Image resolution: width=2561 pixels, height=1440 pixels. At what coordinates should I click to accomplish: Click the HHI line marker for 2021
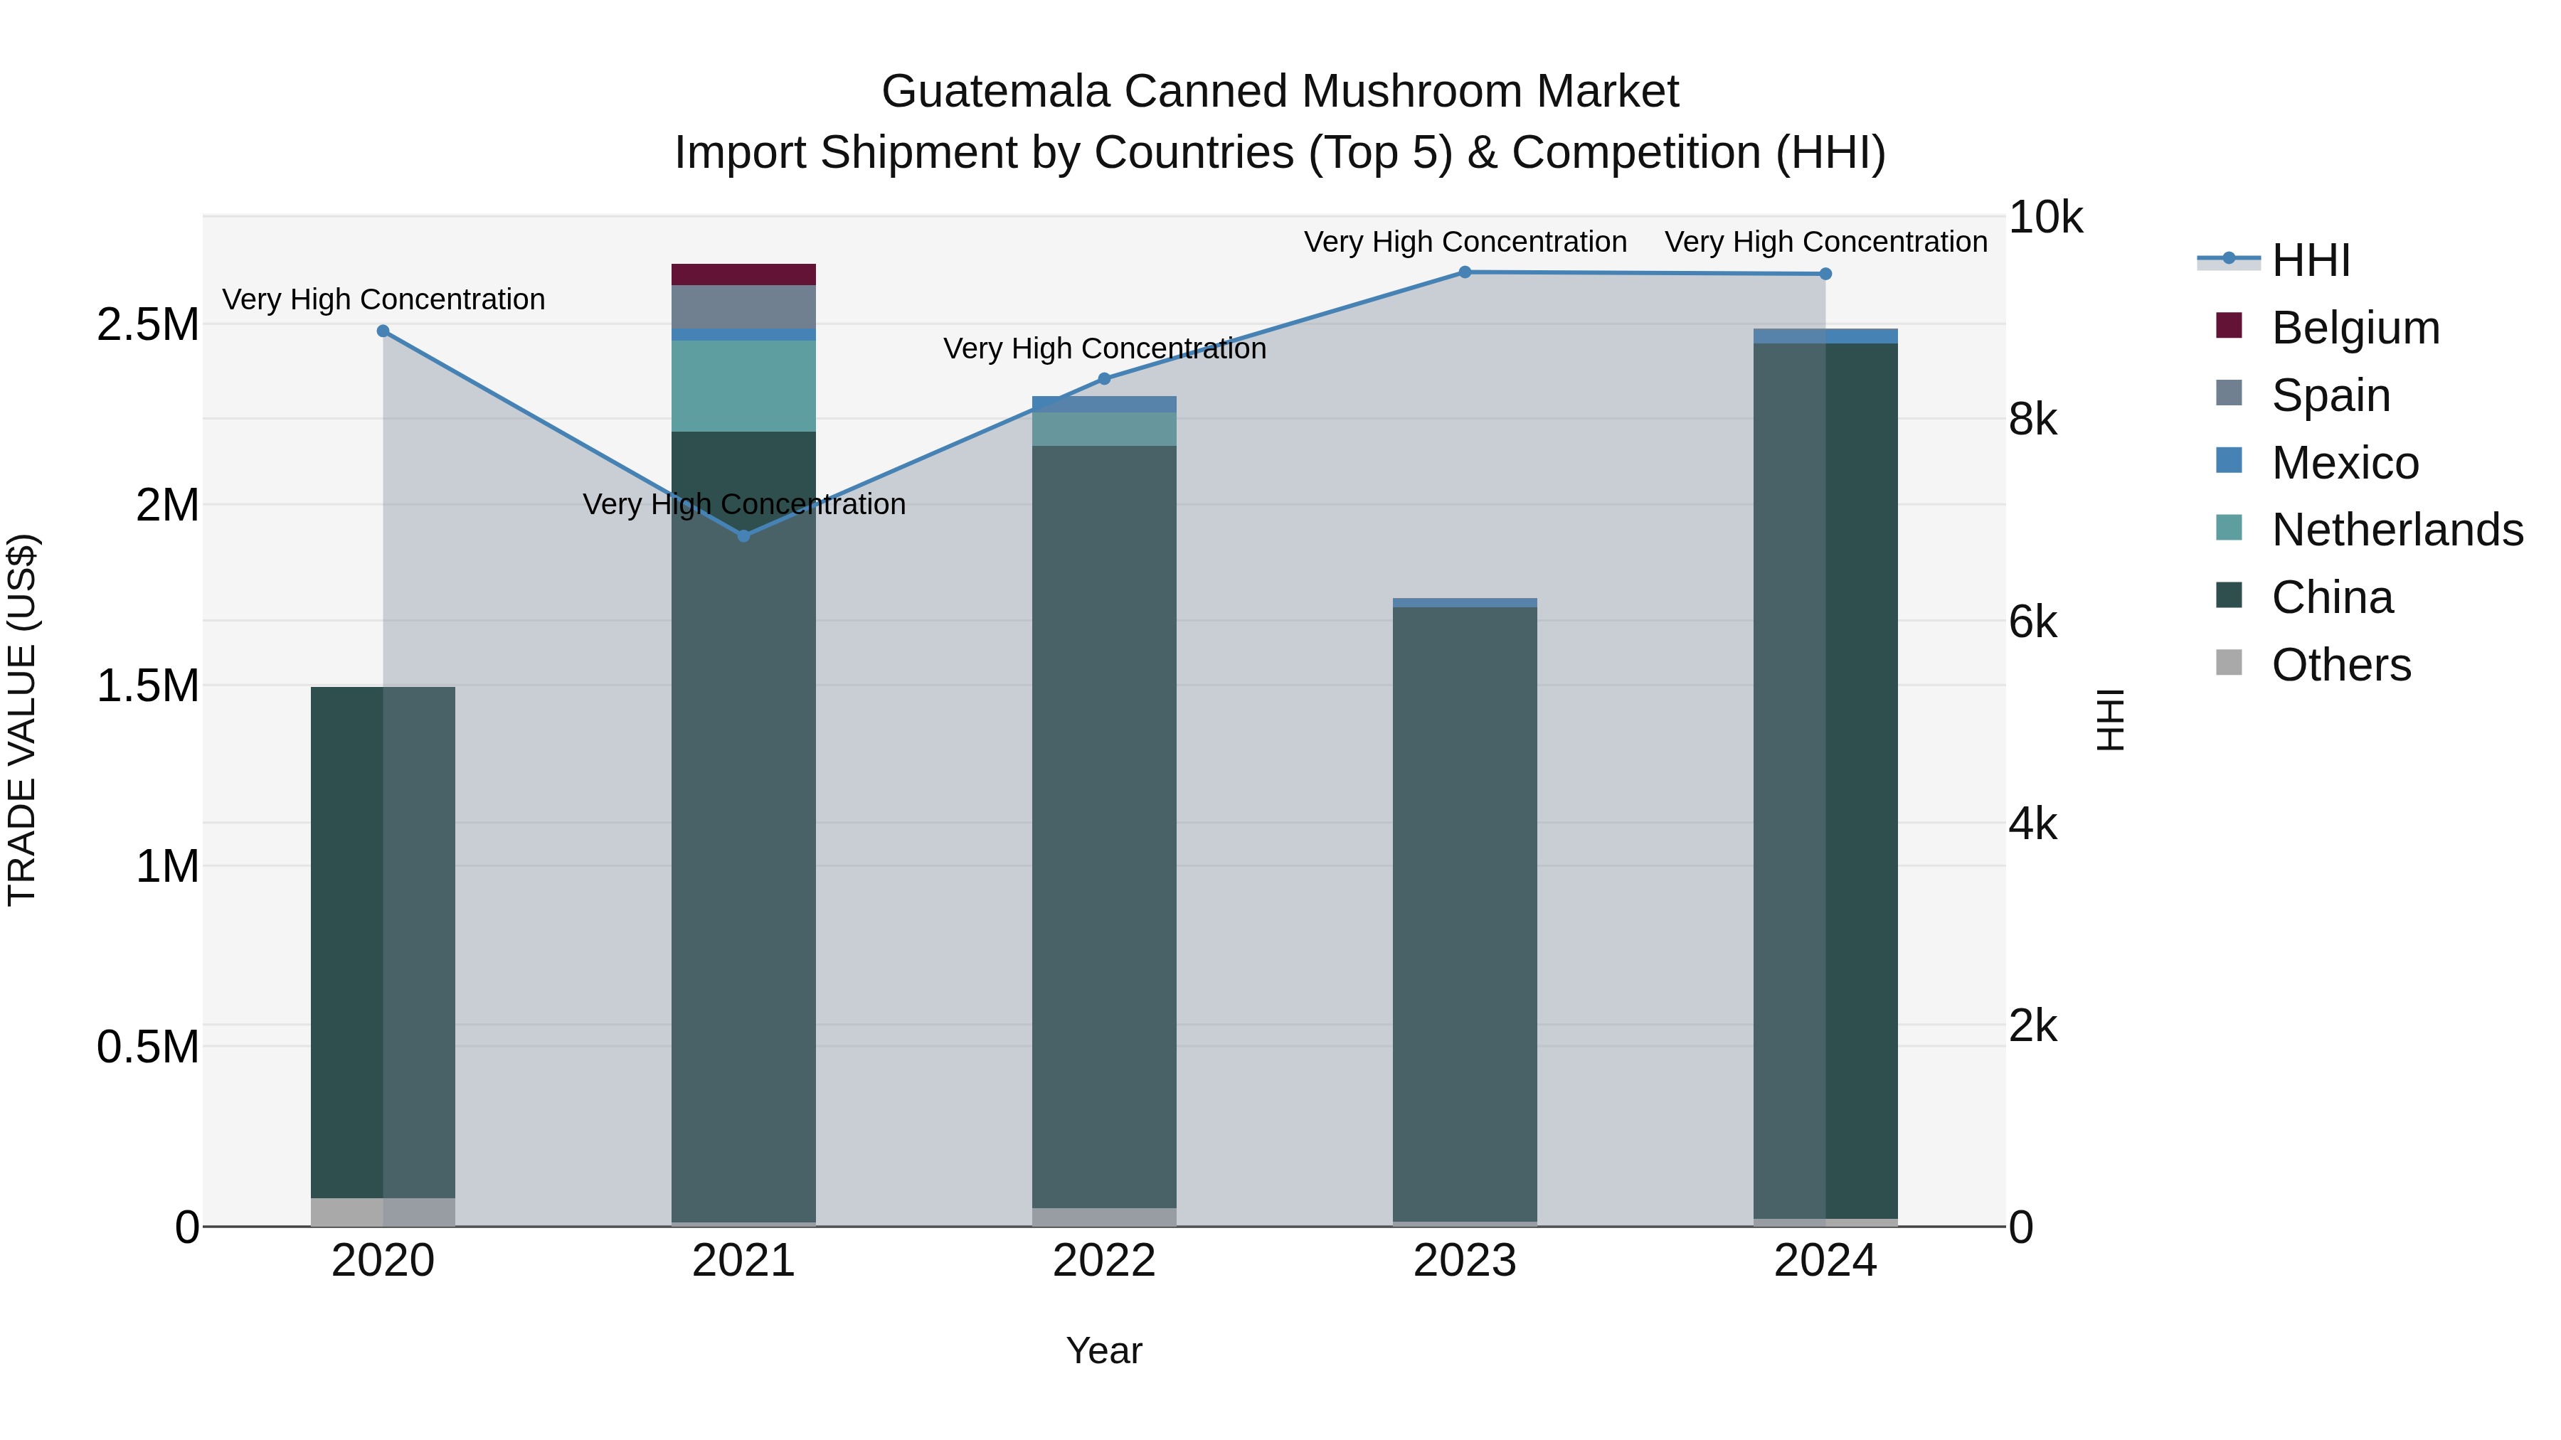[x=743, y=535]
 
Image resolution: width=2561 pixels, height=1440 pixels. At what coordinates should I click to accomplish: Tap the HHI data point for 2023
[x=1465, y=272]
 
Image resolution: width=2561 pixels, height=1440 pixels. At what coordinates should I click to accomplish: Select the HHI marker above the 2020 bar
[x=383, y=331]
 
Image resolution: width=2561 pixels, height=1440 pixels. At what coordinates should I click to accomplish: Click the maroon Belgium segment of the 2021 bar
[x=743, y=274]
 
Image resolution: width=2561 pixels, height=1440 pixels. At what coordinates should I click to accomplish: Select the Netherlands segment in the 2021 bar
[x=743, y=385]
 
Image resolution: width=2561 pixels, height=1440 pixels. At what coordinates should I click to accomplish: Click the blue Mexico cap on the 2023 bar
[x=1465, y=602]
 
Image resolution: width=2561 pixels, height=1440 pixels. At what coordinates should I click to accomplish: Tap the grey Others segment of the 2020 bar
[x=383, y=1212]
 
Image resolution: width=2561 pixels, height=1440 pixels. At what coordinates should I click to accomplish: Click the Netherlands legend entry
[x=2396, y=530]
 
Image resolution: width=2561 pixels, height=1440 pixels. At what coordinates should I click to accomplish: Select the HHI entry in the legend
[x=2309, y=260]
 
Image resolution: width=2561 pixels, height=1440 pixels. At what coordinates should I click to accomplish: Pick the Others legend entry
[x=2340, y=665]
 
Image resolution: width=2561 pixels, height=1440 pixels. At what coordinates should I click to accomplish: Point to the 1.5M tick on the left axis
[x=147, y=686]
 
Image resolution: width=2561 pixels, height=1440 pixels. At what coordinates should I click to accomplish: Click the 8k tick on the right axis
[x=2032, y=420]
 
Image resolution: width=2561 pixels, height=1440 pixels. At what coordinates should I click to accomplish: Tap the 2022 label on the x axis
[x=1103, y=1261]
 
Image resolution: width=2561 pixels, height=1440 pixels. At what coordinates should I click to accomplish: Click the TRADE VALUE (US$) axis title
[x=22, y=720]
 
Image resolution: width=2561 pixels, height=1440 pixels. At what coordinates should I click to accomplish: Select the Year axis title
[x=1103, y=1350]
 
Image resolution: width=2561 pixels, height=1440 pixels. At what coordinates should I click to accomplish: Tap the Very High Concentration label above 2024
[x=1825, y=242]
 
